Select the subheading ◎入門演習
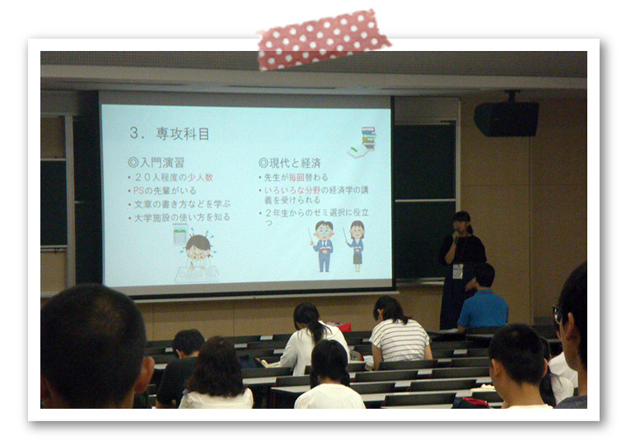(156, 163)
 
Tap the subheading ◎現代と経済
(289, 163)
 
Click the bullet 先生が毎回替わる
(294, 177)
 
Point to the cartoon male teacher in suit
(323, 244)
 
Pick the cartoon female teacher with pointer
(356, 243)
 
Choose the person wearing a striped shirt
(399, 329)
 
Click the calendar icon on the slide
(180, 236)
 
